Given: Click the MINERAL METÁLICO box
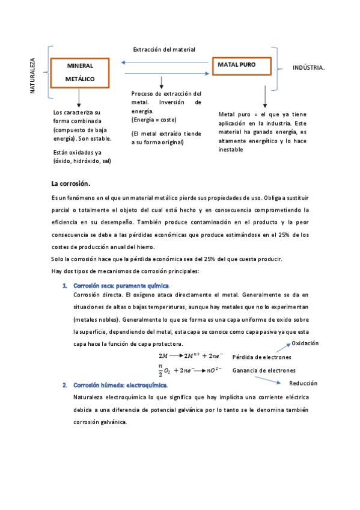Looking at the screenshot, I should click(79, 72).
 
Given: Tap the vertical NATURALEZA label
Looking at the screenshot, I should click(33, 75).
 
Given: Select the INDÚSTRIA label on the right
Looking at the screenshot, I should click(308, 68).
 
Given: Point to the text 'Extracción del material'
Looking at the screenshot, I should click(164, 49).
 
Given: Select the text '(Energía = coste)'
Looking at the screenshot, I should click(154, 120).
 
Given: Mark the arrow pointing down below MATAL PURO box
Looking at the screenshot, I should click(265, 97).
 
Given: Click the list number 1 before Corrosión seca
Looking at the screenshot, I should click(64, 285).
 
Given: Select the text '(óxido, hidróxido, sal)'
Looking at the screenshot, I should click(82, 161).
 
